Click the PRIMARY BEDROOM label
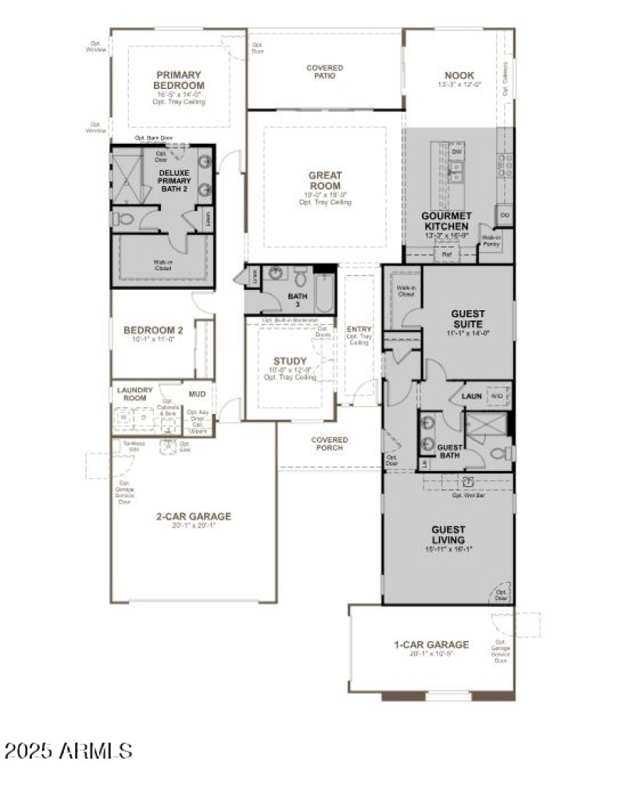point(179,80)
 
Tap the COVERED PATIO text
point(324,73)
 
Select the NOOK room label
point(459,75)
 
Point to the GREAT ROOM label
point(324,180)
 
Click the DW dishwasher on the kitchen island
point(456,151)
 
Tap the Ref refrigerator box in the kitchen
point(447,253)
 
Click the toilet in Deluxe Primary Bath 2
point(123,217)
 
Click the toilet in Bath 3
point(300,277)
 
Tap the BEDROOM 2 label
point(153,330)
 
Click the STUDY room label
point(290,361)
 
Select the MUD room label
point(197,394)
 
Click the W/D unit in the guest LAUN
point(496,396)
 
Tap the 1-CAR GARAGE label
point(430,645)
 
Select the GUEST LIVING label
point(448,534)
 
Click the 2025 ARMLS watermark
point(68,751)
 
